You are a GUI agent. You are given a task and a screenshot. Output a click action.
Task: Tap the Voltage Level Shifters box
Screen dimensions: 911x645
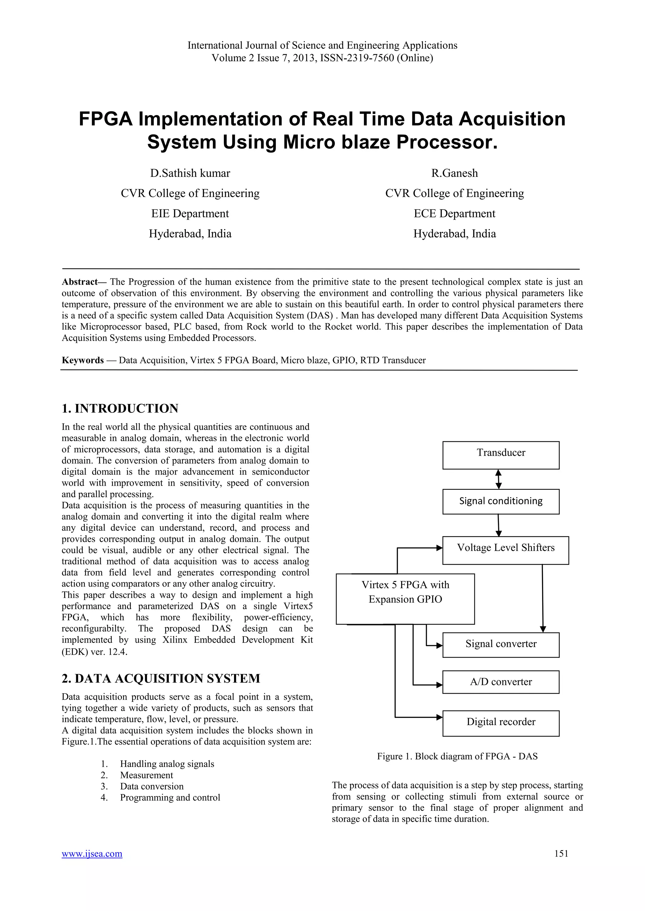click(505, 550)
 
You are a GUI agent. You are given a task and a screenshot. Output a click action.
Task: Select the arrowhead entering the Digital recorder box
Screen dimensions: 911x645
click(439, 717)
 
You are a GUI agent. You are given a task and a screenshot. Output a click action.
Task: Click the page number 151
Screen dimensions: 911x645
click(561, 853)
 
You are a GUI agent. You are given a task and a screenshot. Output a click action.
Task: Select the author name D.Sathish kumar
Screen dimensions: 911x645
click(190, 173)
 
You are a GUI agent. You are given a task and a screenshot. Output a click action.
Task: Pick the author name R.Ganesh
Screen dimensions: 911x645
click(454, 173)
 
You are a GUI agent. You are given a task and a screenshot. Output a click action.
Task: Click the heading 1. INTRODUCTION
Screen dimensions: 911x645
click(120, 408)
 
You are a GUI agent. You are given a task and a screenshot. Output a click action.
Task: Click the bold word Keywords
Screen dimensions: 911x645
click(83, 360)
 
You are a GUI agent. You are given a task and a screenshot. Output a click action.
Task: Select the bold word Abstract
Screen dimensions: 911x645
click(79, 282)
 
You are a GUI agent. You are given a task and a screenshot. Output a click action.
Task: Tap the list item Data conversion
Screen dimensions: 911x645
click(152, 786)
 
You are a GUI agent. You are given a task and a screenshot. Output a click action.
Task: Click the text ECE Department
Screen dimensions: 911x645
click(454, 214)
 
